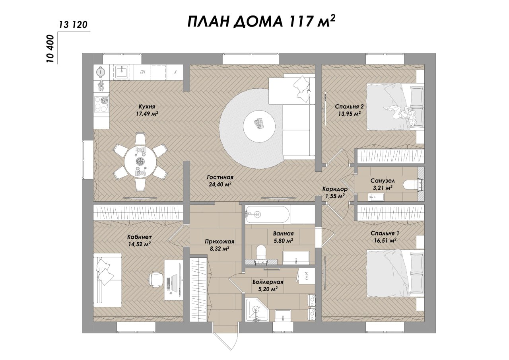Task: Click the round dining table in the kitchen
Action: click(140, 162)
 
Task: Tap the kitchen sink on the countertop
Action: click(122, 72)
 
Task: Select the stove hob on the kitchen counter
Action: click(101, 104)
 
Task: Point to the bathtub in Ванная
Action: click(268, 214)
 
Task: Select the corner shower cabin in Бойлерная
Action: click(257, 309)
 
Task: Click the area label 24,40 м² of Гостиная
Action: click(220, 184)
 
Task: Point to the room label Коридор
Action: click(335, 189)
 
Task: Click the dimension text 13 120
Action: click(73, 25)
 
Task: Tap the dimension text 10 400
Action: click(51, 49)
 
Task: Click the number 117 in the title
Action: click(302, 22)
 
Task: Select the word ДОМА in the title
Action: click(258, 22)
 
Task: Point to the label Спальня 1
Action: click(385, 233)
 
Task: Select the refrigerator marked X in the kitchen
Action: click(175, 72)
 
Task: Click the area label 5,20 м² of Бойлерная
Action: click(268, 289)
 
